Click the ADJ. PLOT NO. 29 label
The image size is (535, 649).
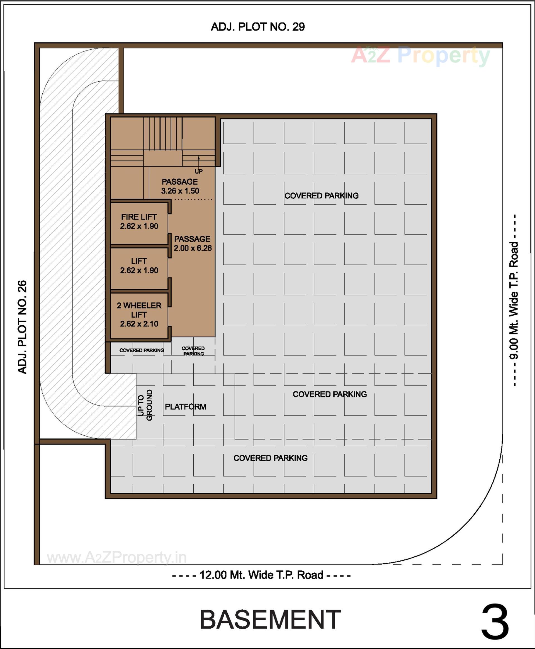tap(258, 27)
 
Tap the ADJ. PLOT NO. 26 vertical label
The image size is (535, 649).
tap(23, 327)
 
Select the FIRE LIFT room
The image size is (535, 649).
tap(139, 222)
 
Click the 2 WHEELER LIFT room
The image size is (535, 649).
tap(139, 315)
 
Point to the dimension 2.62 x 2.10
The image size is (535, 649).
tap(139, 324)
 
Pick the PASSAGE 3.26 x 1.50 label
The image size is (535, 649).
tap(180, 186)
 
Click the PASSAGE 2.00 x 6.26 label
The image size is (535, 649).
tap(192, 244)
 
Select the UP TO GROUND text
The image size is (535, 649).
tap(145, 405)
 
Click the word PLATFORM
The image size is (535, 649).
tap(186, 407)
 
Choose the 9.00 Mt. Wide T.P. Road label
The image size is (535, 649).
tap(514, 301)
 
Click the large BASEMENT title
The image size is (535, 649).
tap(270, 620)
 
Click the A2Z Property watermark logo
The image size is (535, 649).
tap(420, 55)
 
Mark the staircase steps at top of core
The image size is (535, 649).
tap(162, 134)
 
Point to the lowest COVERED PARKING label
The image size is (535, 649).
tap(270, 458)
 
